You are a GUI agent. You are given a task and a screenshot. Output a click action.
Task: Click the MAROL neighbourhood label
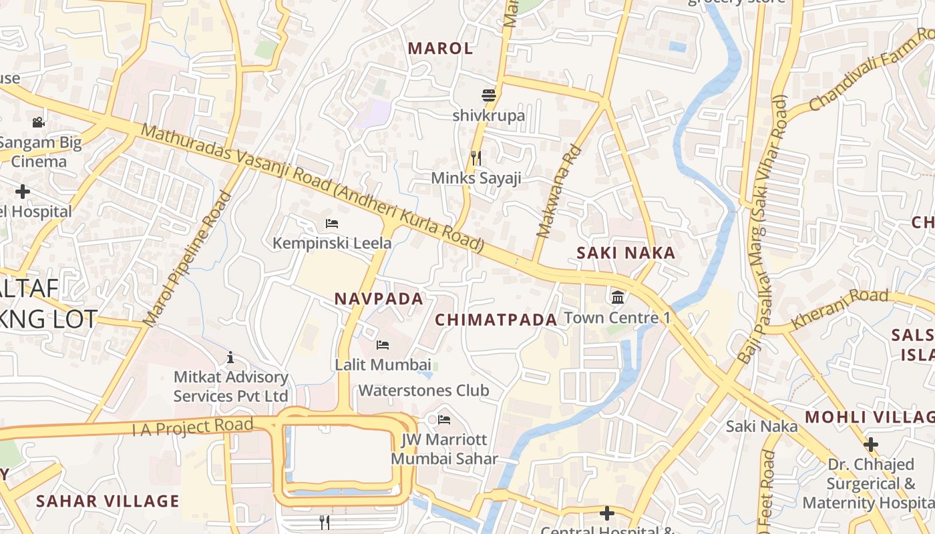(440, 48)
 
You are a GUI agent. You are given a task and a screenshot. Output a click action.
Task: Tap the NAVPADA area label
(379, 299)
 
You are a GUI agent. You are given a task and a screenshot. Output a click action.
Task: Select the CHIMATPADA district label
(496, 320)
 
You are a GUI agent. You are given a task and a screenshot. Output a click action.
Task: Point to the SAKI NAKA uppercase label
(626, 253)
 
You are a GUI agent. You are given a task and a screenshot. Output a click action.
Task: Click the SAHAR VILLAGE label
(108, 501)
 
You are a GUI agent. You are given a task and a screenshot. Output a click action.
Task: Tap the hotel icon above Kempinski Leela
(331, 223)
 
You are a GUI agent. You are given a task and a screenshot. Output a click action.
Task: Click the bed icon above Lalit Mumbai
(383, 345)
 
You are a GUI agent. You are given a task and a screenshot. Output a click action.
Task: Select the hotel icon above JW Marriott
(444, 420)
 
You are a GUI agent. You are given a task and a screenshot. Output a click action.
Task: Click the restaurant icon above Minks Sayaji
(476, 158)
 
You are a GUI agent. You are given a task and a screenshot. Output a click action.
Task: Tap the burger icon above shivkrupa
(489, 95)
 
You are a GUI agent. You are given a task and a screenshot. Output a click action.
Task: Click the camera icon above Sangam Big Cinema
(38, 122)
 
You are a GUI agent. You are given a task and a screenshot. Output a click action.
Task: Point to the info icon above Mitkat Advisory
(230, 358)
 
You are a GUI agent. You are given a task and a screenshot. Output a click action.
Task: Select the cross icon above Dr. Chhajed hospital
(870, 444)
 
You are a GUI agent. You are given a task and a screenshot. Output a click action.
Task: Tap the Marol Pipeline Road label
(188, 259)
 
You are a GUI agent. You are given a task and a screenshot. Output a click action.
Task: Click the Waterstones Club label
(424, 390)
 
